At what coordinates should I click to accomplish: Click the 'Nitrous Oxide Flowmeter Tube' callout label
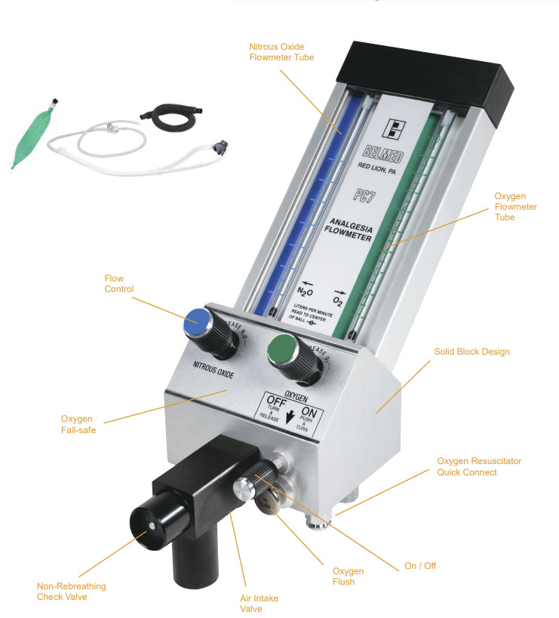(281, 51)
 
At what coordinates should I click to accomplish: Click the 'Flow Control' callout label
(118, 284)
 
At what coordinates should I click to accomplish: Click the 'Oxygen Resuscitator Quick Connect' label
(479, 466)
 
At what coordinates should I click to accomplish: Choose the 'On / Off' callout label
(419, 565)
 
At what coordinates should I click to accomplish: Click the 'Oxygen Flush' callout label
(348, 576)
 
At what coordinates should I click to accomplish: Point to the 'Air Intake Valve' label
(259, 604)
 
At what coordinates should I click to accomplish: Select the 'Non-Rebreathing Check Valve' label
(72, 592)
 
